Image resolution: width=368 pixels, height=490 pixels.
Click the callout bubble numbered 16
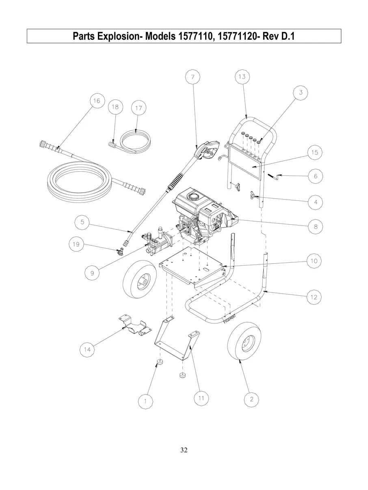pyautogui.click(x=96, y=101)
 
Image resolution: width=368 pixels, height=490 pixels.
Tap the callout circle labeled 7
pyautogui.click(x=193, y=77)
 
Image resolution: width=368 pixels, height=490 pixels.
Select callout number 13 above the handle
pyautogui.click(x=242, y=77)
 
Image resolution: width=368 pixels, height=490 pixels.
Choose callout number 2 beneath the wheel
pyautogui.click(x=251, y=399)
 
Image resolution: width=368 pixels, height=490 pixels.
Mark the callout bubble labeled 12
pyautogui.click(x=314, y=297)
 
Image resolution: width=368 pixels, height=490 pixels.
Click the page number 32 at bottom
pyautogui.click(x=184, y=450)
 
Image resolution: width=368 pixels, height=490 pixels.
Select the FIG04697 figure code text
pyautogui.click(x=229, y=317)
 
